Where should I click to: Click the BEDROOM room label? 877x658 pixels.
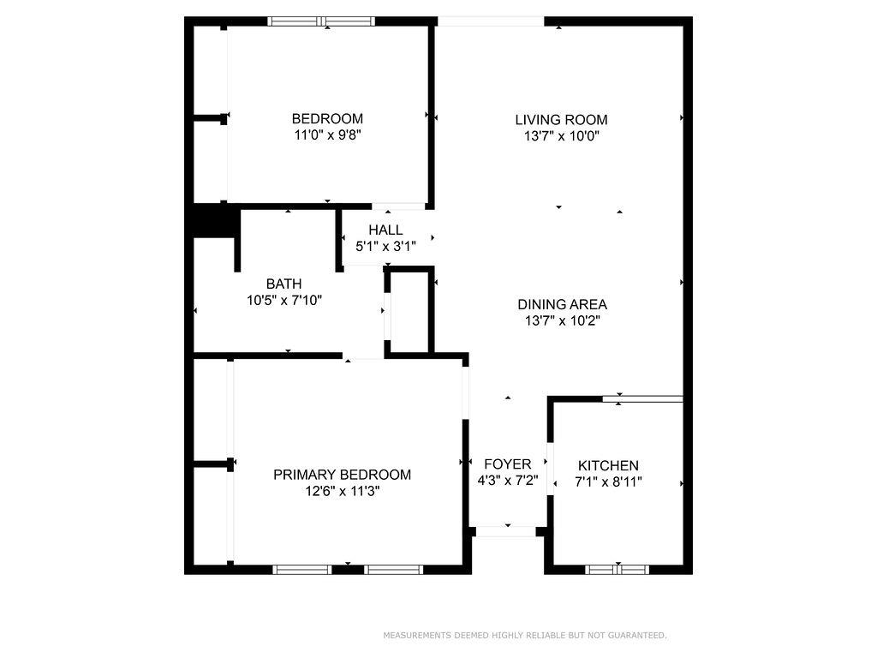[327, 119]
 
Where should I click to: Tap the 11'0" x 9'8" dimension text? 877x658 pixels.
[327, 135]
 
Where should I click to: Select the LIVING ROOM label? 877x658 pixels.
[561, 120]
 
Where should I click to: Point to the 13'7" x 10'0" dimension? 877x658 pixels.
[561, 135]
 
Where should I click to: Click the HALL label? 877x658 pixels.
[385, 230]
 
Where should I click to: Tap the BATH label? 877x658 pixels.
[283, 284]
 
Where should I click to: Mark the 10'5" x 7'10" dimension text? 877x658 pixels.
[283, 300]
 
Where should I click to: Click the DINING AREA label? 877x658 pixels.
[562, 304]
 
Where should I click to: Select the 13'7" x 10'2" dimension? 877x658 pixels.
[562, 320]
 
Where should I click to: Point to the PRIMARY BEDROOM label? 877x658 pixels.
[342, 475]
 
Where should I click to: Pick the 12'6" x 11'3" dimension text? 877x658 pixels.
[342, 491]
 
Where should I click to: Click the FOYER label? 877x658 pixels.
[508, 464]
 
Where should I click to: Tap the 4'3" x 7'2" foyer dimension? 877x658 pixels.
[508, 481]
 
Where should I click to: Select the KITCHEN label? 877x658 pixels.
[608, 465]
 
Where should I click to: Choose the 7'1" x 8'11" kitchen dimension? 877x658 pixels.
[608, 482]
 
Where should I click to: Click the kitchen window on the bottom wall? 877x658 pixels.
[617, 569]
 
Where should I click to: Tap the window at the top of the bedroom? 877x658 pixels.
[321, 21]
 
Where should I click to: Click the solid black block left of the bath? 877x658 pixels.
[213, 220]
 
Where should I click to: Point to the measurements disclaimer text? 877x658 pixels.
[524, 636]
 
